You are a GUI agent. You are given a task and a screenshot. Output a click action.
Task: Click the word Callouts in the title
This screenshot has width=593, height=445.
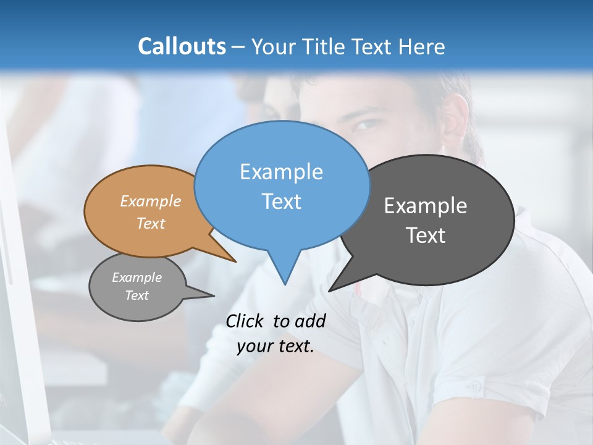pyautogui.click(x=182, y=46)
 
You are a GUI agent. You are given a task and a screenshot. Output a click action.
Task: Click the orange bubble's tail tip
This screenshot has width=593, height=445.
pyautogui.click(x=235, y=261)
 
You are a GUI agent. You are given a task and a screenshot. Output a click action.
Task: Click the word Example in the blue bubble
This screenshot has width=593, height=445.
pyautogui.click(x=281, y=171)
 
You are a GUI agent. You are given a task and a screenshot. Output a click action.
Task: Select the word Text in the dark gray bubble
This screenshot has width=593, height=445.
pyautogui.click(x=426, y=235)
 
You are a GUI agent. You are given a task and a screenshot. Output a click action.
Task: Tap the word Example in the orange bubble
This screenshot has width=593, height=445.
pyautogui.click(x=150, y=201)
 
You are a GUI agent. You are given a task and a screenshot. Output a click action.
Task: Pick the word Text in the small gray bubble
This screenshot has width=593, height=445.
pyautogui.click(x=137, y=295)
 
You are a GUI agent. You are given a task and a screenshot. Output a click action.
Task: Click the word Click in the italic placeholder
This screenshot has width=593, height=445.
pyautogui.click(x=245, y=321)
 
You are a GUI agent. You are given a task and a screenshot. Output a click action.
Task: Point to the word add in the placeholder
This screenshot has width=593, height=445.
pyautogui.click(x=310, y=321)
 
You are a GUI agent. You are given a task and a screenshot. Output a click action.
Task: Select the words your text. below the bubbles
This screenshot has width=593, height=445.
pyautogui.click(x=275, y=347)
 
